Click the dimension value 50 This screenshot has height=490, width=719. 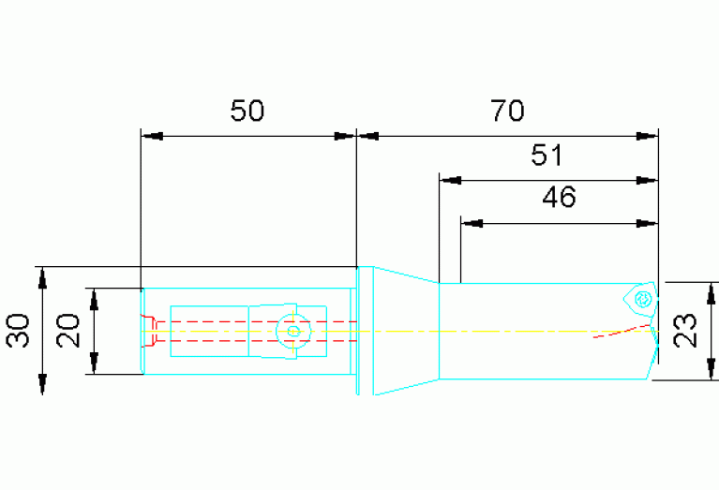(247, 111)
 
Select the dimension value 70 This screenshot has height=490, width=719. (507, 111)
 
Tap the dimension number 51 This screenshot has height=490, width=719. (547, 155)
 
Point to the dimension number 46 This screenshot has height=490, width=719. (559, 197)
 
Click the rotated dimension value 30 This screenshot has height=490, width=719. (19, 331)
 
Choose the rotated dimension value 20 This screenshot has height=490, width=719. (67, 331)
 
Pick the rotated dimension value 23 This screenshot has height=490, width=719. (686, 331)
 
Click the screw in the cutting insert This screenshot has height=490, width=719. (643, 299)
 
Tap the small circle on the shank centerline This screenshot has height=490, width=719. (292, 331)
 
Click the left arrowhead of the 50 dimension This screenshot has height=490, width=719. (152, 136)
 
